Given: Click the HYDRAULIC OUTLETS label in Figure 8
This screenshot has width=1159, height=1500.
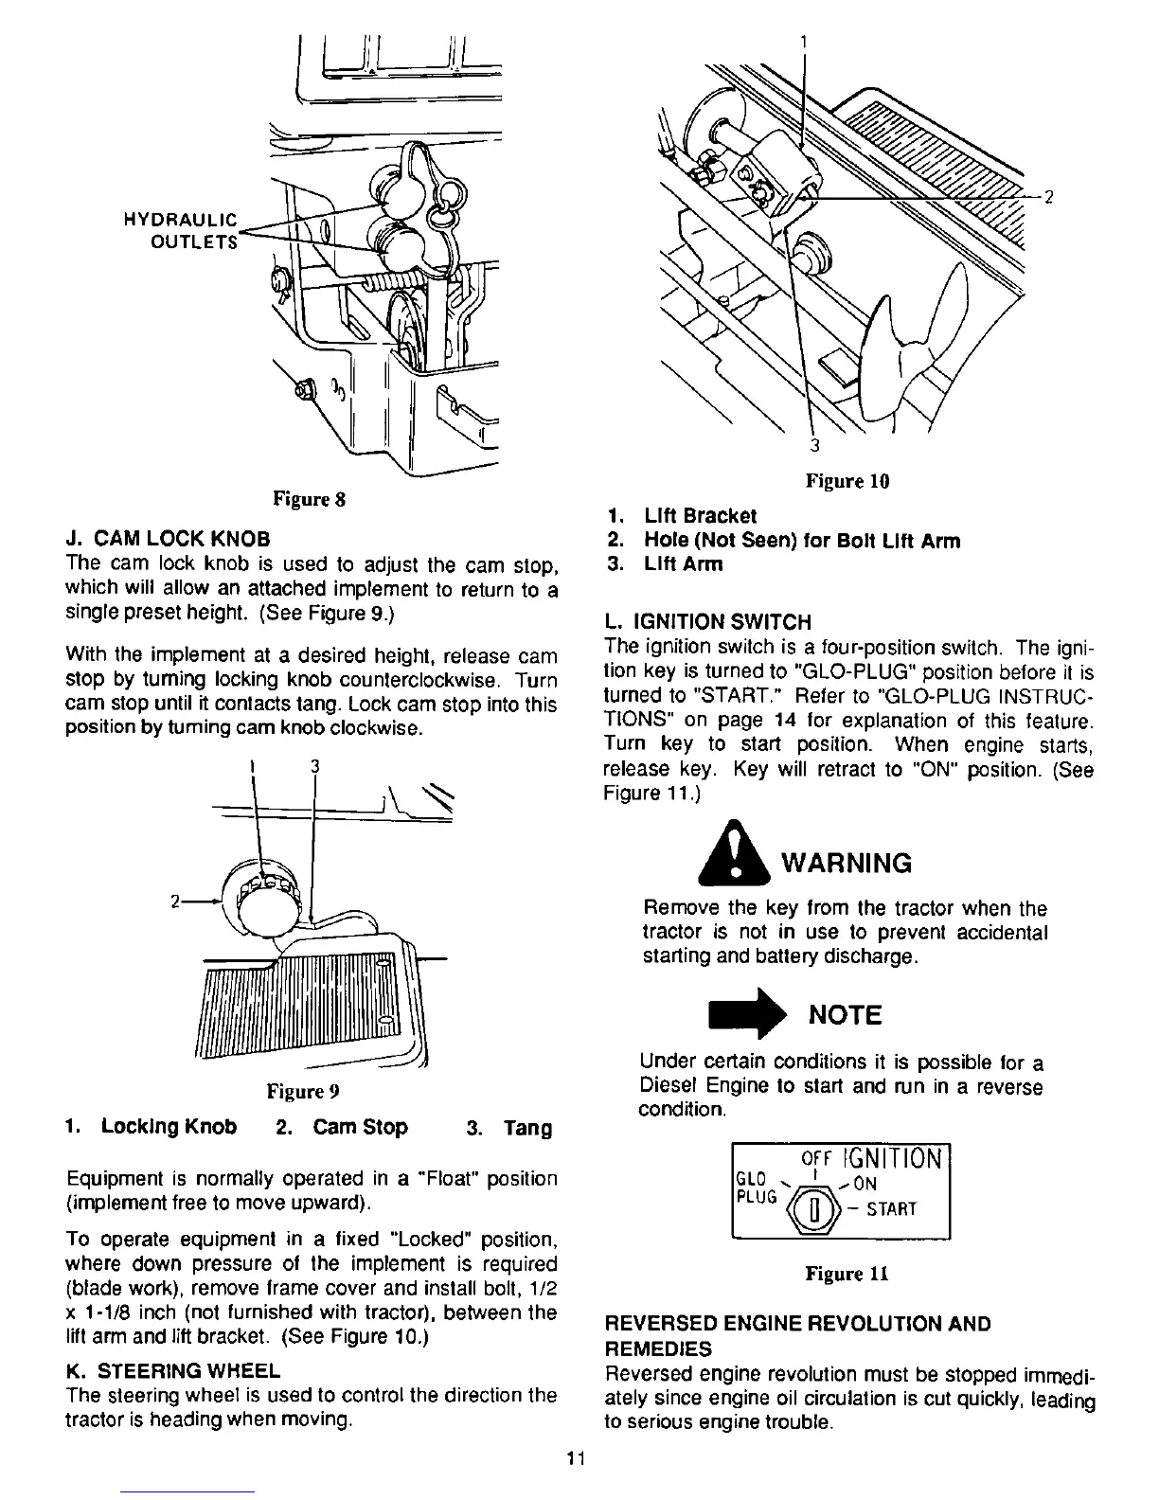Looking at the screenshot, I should coord(181,230).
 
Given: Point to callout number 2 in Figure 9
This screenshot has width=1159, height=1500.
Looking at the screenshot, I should coord(175,901).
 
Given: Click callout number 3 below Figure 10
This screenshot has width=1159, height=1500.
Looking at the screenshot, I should coord(812,446).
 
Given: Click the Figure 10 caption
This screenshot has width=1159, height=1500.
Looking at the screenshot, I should coord(847,481).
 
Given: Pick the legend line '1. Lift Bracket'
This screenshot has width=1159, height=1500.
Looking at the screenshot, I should coord(682,516).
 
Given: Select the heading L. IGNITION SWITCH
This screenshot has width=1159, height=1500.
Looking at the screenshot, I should coord(707,622).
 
